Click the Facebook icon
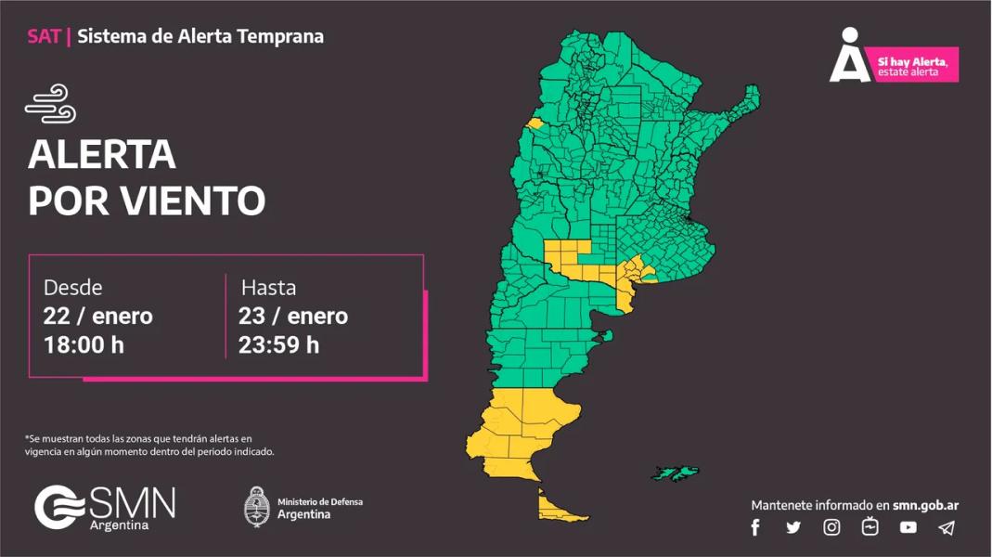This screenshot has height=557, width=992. [755, 527]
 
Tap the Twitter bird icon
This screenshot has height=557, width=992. [793, 527]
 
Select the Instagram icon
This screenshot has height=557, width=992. [831, 527]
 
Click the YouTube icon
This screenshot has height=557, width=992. [908, 527]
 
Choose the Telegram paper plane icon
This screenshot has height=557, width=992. [946, 527]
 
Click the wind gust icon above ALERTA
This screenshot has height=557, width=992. [50, 104]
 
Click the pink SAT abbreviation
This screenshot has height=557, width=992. [44, 37]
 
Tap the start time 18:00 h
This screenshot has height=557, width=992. [84, 345]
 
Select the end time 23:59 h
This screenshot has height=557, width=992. [278, 345]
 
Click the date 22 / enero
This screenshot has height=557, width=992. [97, 316]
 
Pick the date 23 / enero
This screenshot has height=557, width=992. [292, 316]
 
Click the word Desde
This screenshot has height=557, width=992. [72, 287]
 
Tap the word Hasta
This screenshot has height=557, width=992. [268, 287]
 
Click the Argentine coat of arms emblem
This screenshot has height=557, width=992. [256, 507]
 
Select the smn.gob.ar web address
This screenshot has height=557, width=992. [925, 505]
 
